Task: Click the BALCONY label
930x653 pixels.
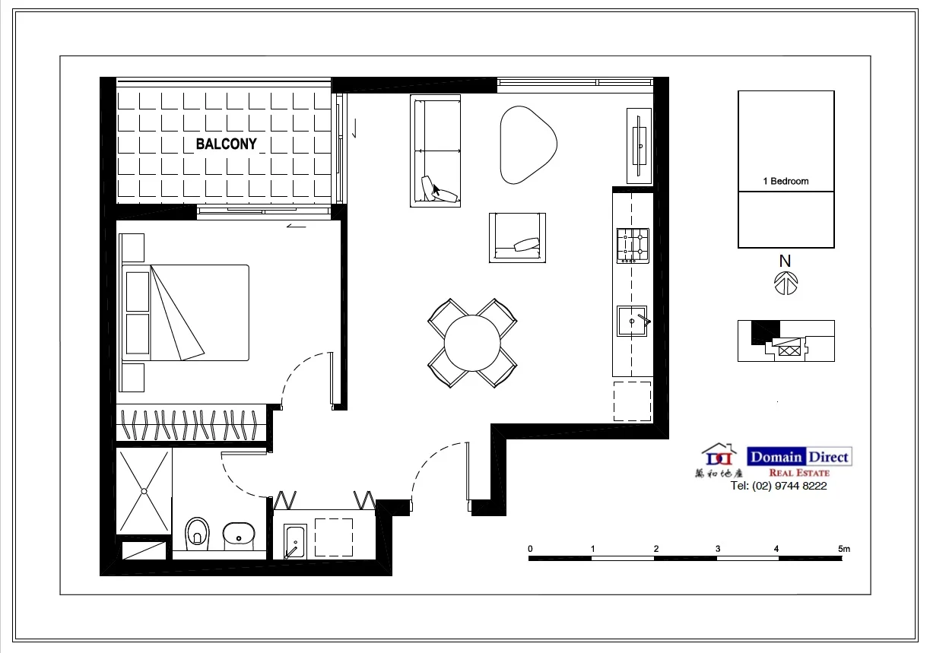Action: click(227, 144)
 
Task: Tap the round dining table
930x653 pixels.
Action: click(472, 343)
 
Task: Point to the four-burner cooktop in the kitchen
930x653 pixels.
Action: click(633, 245)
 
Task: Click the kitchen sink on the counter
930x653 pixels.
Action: click(632, 321)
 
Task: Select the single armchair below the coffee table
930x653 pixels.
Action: click(517, 237)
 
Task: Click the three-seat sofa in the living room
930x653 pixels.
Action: click(435, 151)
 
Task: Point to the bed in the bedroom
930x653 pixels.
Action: click(186, 312)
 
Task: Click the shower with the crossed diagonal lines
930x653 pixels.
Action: click(144, 491)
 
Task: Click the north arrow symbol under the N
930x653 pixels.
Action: click(786, 284)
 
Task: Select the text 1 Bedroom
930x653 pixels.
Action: click(786, 181)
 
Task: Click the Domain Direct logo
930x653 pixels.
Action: click(798, 457)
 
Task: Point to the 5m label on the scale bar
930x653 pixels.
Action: click(843, 548)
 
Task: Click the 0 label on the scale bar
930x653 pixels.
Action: click(530, 548)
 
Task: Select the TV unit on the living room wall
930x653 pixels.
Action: click(639, 145)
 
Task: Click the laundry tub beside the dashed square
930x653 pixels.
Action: click(294, 540)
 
